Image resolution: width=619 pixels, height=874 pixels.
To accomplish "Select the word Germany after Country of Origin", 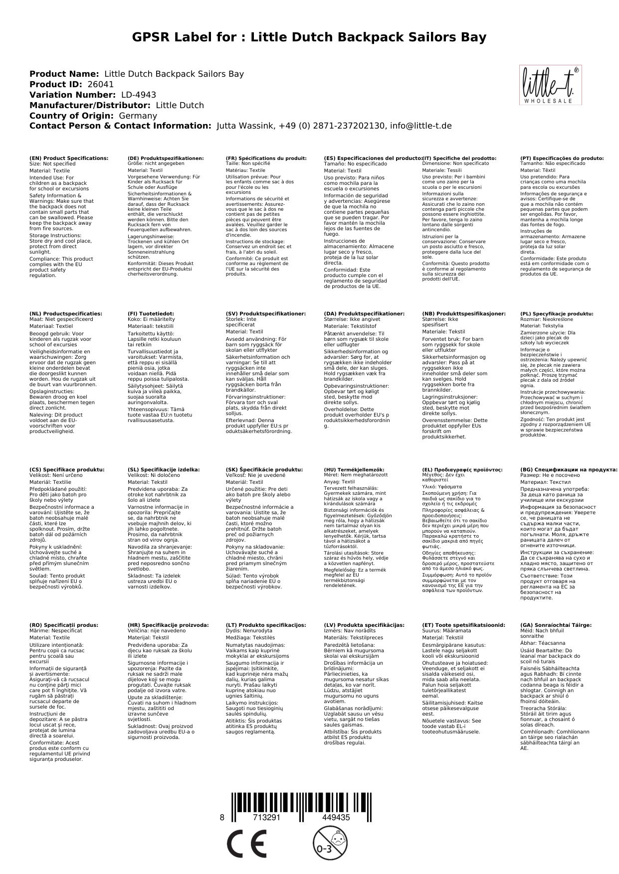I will pyautogui.click(x=138, y=116).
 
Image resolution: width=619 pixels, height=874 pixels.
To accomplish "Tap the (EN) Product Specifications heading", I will pyautogui.click(x=69, y=158).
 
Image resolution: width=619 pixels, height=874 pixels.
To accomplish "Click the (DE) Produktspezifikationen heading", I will pyautogui.click(x=166, y=158).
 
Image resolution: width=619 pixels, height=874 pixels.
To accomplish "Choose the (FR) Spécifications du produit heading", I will pyautogui.click(x=266, y=158).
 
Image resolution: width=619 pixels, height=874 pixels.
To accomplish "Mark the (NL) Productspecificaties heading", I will pyautogui.click(x=65, y=314).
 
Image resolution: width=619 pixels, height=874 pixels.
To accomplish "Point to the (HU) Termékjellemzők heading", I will pyautogui.click(x=354, y=469).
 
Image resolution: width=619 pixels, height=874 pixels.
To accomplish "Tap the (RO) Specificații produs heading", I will pyautogui.click(x=64, y=625).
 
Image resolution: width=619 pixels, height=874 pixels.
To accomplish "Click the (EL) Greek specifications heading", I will pyautogui.click(x=462, y=469).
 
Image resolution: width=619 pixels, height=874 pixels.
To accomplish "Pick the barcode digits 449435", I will pyautogui.click(x=336, y=818).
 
